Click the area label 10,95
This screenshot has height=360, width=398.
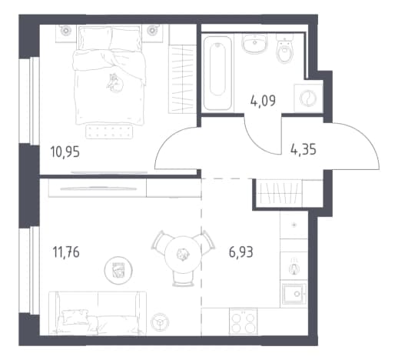pyautogui.click(x=65, y=152)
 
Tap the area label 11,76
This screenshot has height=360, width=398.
pyautogui.click(x=66, y=252)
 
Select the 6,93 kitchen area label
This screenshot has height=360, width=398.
pyautogui.click(x=241, y=252)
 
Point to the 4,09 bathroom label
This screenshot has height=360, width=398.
pyautogui.click(x=263, y=101)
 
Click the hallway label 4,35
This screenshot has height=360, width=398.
pyautogui.click(x=303, y=149)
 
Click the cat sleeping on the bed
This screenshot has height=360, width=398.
pyautogui.click(x=115, y=82)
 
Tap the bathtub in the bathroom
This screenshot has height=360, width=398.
pyautogui.click(x=217, y=73)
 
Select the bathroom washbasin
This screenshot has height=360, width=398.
pyautogui.click(x=254, y=44)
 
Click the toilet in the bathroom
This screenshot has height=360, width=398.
pyautogui.click(x=284, y=49)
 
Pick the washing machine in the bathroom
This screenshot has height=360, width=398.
pyautogui.click(x=308, y=98)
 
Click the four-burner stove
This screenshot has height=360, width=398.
pyautogui.click(x=243, y=322)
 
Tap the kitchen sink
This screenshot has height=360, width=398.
pyautogui.click(x=294, y=294)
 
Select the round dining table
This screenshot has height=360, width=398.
pyautogui.click(x=183, y=255)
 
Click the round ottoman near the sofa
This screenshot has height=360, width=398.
pyautogui.click(x=118, y=270)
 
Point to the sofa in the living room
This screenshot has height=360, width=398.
pyautogui.click(x=98, y=313)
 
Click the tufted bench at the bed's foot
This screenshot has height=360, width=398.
pyautogui.click(x=109, y=131)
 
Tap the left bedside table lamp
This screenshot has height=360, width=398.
pyautogui.click(x=66, y=31)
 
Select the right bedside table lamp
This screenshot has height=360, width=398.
pyautogui.click(x=152, y=31)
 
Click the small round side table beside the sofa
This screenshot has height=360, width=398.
pyautogui.click(x=160, y=322)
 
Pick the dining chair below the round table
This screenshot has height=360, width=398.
pyautogui.click(x=183, y=278)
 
